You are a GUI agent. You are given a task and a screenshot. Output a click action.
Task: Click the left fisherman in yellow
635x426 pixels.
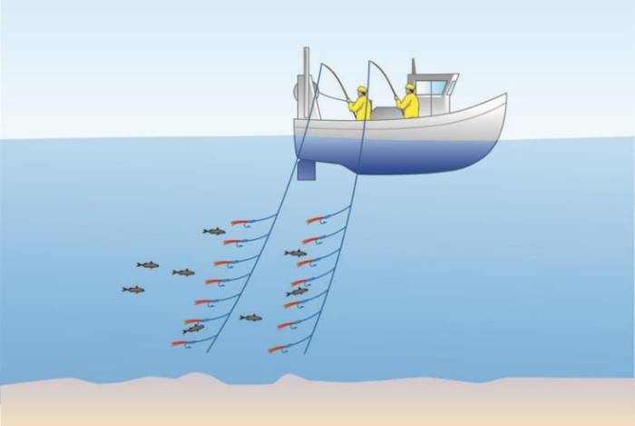[x=360, y=104]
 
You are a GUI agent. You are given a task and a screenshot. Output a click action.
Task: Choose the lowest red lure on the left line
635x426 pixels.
[x=179, y=342]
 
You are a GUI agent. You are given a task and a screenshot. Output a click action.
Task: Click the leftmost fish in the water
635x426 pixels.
[x=133, y=290]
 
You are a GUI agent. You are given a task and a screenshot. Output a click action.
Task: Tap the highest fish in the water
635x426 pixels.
[x=214, y=232]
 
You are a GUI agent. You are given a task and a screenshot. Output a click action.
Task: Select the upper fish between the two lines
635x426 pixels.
[x=296, y=253]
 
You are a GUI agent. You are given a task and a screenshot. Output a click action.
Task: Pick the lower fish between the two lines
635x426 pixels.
[x=250, y=318]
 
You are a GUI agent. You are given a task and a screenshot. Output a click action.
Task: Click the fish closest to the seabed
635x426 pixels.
[x=193, y=329]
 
